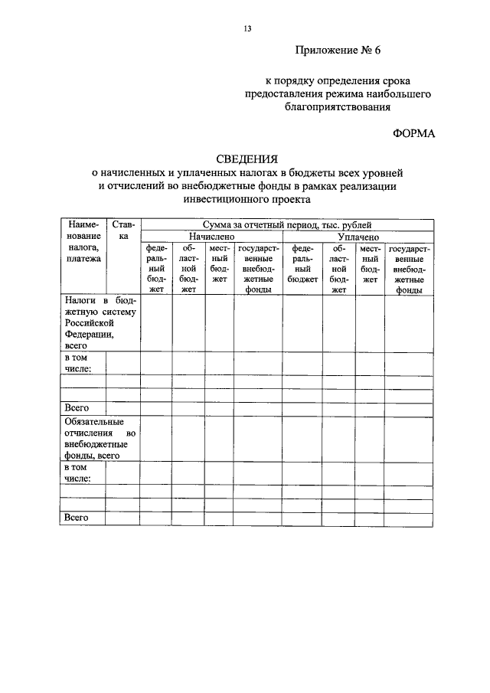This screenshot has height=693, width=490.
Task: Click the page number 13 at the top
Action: tap(247, 28)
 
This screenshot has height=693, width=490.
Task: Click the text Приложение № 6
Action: tap(338, 51)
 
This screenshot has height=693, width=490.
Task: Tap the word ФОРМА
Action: tap(413, 132)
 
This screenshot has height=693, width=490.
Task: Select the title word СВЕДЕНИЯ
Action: tap(247, 159)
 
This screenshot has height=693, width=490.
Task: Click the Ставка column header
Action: tap(122, 231)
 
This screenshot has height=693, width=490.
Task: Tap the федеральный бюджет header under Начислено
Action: tap(156, 269)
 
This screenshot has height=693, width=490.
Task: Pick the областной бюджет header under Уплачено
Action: tap(339, 269)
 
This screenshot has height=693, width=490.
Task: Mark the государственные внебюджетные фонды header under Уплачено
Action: tap(409, 269)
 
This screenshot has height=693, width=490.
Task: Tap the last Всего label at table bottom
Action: tap(77, 518)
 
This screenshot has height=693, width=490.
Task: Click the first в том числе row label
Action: tap(79, 364)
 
